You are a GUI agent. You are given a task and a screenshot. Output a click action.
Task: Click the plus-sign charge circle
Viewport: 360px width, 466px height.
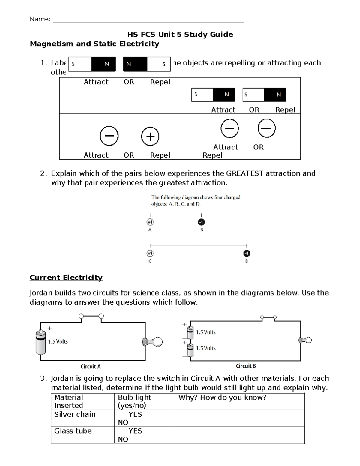pyautogui.click(x=150, y=137)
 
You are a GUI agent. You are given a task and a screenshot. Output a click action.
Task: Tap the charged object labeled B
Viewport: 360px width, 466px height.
pyautogui.click(x=201, y=222)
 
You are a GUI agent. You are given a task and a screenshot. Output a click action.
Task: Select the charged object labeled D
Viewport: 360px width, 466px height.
pyautogui.click(x=246, y=254)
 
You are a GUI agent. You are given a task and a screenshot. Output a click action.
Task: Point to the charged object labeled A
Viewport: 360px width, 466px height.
pyautogui.click(x=150, y=222)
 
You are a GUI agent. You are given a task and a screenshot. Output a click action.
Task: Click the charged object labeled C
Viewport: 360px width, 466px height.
pyautogui.click(x=150, y=254)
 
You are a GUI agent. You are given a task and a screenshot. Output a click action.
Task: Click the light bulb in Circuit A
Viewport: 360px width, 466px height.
pyautogui.click(x=153, y=342)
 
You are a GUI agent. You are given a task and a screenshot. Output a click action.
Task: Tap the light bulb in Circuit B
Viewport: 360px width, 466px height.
pyautogui.click(x=305, y=340)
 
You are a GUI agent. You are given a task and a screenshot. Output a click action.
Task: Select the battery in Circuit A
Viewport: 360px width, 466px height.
pyautogui.click(x=40, y=342)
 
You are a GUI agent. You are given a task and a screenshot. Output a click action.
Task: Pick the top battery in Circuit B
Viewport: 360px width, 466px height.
pyautogui.click(x=190, y=332)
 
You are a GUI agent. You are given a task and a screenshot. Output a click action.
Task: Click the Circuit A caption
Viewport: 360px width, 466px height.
pyautogui.click(x=91, y=367)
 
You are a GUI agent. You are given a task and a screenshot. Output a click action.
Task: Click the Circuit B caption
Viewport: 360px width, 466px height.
pyautogui.click(x=246, y=366)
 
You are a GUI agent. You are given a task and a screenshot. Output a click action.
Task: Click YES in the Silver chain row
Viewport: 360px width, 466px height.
pyautogui.click(x=135, y=414)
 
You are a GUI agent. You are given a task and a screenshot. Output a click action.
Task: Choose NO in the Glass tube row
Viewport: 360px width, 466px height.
pyautogui.click(x=123, y=439)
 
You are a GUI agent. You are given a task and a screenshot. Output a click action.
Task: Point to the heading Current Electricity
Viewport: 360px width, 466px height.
pyautogui.click(x=66, y=278)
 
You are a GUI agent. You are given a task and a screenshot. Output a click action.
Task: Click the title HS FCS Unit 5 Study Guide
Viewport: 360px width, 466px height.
pyautogui.click(x=180, y=34)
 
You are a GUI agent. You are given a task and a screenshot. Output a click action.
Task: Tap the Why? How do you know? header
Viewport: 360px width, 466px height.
pyautogui.click(x=222, y=398)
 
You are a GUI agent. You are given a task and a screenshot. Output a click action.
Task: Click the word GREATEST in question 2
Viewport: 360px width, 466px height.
pyautogui.click(x=244, y=173)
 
